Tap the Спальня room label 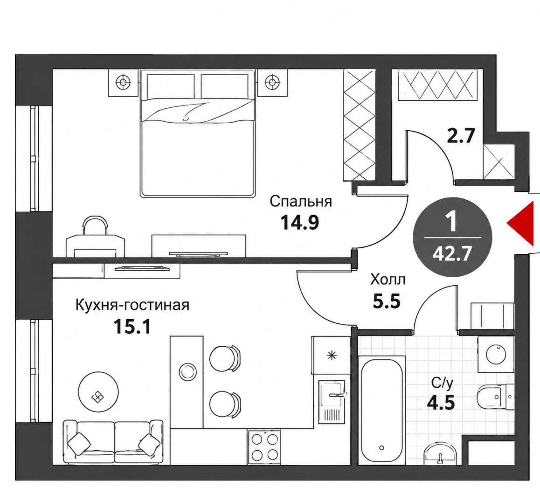coord(301,201)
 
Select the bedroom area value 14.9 coord(300,222)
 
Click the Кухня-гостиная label coord(132,305)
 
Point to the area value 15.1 coord(132,327)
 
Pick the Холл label coord(388,280)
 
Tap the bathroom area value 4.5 coord(441,402)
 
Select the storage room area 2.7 coord(461,135)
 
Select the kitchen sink coord(332,402)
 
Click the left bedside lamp coord(123,82)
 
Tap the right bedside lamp coord(272,82)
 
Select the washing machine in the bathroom coord(496,354)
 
